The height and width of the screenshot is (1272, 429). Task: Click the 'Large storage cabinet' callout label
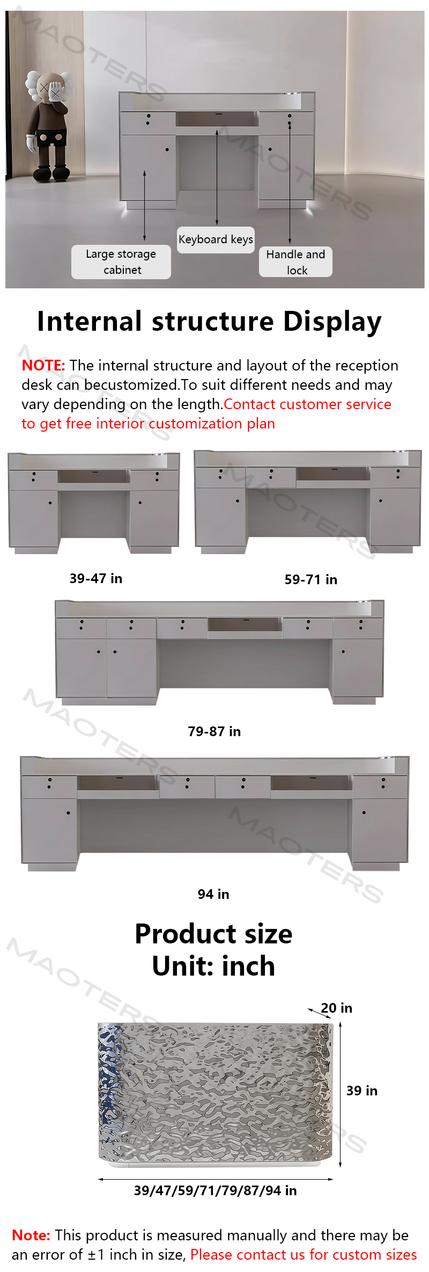pyautogui.click(x=121, y=262)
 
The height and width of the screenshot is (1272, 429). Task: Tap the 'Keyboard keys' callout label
pyautogui.click(x=216, y=239)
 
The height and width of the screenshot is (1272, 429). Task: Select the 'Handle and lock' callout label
pyautogui.click(x=296, y=262)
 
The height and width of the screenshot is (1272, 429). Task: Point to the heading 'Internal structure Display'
pyautogui.click(x=209, y=322)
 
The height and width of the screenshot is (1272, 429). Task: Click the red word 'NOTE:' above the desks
pyautogui.click(x=43, y=366)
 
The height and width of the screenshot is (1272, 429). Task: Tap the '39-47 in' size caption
pyautogui.click(x=96, y=578)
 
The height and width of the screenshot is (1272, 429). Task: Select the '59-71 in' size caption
pyautogui.click(x=311, y=579)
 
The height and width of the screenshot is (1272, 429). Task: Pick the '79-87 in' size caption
pyautogui.click(x=214, y=731)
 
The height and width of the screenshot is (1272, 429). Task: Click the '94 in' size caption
pyautogui.click(x=213, y=894)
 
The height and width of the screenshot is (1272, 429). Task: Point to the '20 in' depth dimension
pyautogui.click(x=337, y=1008)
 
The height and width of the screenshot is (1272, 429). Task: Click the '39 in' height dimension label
pyautogui.click(x=362, y=1091)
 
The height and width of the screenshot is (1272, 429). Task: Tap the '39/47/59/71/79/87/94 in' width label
pyautogui.click(x=216, y=1190)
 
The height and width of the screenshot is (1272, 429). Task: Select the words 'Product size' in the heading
pyautogui.click(x=213, y=934)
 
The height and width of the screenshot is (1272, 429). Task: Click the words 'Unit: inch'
pyautogui.click(x=213, y=966)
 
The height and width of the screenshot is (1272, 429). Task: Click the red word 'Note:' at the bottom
pyautogui.click(x=31, y=1235)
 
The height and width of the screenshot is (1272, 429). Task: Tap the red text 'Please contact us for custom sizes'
pyautogui.click(x=304, y=1255)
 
